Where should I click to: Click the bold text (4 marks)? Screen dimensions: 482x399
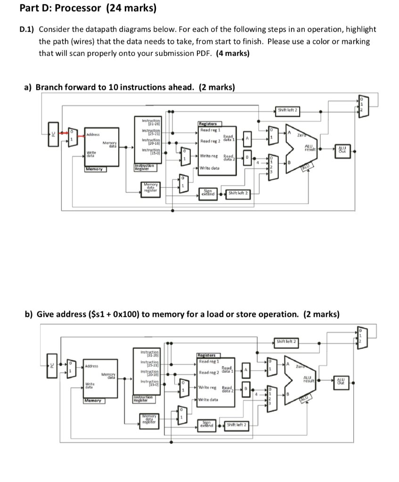[233, 53]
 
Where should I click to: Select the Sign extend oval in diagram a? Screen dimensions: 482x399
[208, 193]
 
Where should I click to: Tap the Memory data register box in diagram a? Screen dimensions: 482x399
[151, 189]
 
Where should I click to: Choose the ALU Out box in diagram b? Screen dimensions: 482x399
[343, 382]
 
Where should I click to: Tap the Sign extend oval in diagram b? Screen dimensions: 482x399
[208, 424]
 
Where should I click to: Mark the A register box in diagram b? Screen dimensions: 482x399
[245, 369]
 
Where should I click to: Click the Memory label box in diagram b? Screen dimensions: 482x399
[94, 401]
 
